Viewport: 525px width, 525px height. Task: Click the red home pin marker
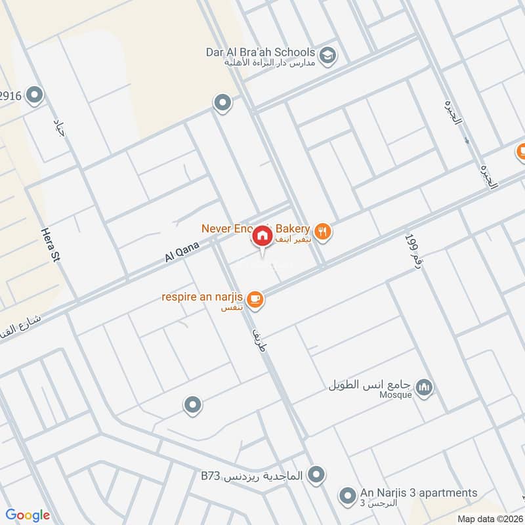point(262,236)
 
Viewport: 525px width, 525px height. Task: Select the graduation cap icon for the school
point(327,53)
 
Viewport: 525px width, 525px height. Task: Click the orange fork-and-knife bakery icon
point(322,230)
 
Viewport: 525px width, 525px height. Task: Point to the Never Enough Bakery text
point(255,228)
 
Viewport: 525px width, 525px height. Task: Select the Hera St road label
point(50,245)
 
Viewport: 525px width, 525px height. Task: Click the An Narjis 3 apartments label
point(418,493)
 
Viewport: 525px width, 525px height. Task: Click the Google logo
point(28,515)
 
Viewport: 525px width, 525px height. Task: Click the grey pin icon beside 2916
point(35,96)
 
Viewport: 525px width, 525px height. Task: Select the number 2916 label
point(11,96)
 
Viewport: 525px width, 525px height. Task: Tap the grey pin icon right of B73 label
point(316,473)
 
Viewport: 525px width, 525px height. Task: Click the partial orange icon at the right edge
point(521,152)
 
